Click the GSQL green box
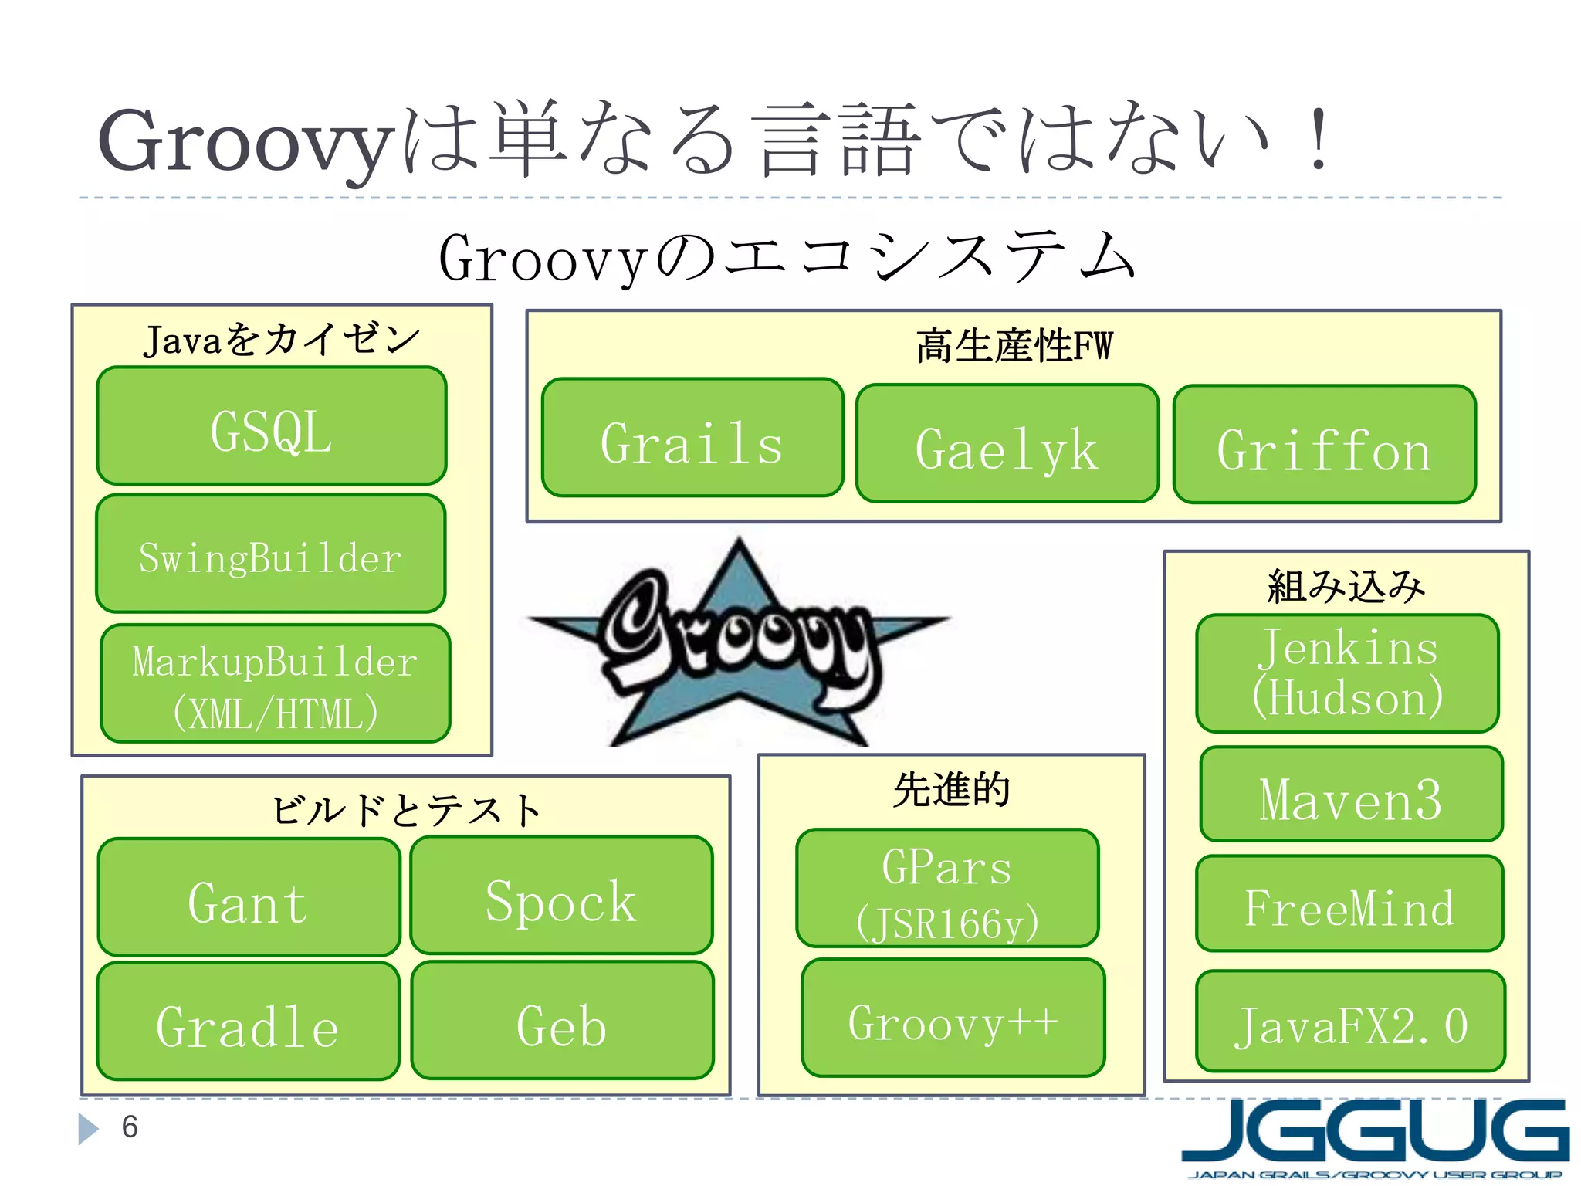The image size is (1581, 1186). point(272,426)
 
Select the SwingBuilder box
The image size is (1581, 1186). point(271,554)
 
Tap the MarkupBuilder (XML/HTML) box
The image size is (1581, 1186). point(276,683)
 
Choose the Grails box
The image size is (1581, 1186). point(692,438)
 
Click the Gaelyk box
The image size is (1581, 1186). point(1007,444)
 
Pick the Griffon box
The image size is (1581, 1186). point(1324,445)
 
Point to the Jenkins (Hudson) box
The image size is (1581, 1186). point(1347,673)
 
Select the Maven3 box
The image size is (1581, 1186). point(1351,794)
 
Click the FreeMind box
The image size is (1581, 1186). point(1349,903)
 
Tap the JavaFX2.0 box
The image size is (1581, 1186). point(1350,1021)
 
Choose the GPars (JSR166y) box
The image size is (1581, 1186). point(947,888)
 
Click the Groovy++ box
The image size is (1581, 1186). point(953,1018)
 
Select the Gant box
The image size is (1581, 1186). point(249,897)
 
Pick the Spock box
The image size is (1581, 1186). point(561,896)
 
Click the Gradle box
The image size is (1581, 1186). point(248,1021)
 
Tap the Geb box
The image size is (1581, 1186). point(562,1021)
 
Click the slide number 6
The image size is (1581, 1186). point(130,1127)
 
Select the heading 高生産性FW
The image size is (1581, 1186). point(1014,346)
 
